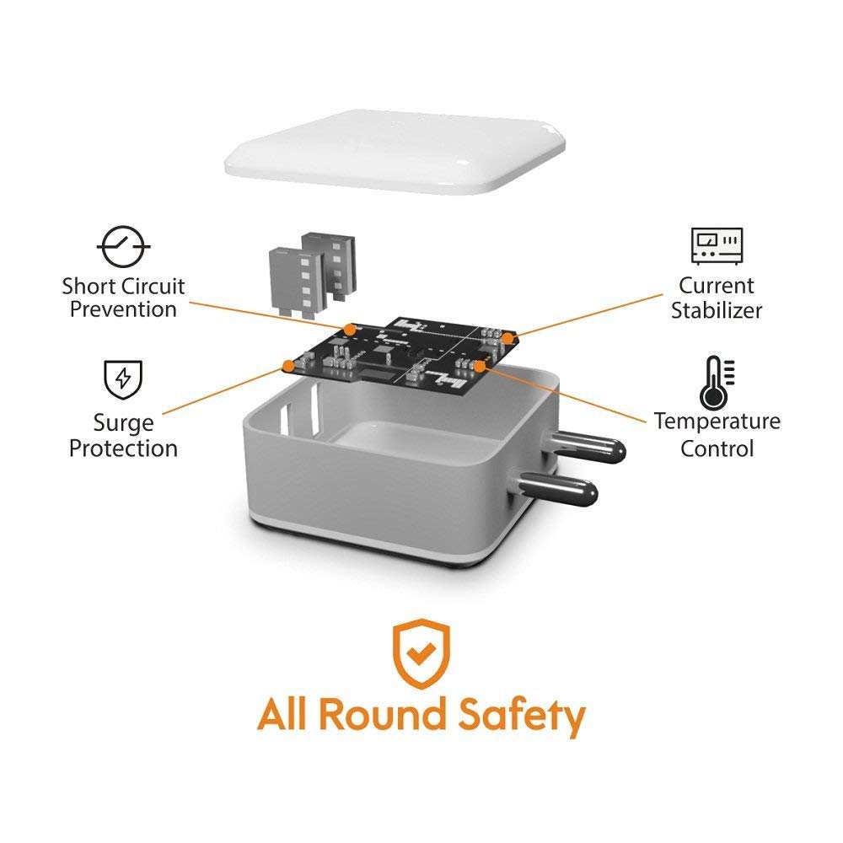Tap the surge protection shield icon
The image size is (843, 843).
[123, 379]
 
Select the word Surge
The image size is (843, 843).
[123, 422]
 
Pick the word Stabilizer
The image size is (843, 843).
[717, 310]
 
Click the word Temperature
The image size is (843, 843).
[717, 421]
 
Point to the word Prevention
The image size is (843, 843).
[123, 309]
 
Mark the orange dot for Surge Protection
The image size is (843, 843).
[288, 366]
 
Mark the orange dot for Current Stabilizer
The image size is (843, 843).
[508, 336]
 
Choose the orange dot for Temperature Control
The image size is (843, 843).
[481, 365]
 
